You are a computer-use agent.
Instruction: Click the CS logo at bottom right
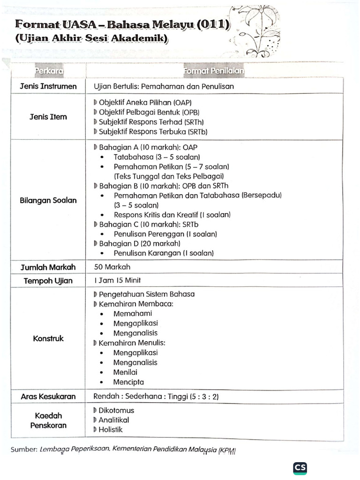pos(300,468)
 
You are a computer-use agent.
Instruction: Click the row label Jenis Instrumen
pos(48,86)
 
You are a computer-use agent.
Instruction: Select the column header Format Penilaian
pos(214,71)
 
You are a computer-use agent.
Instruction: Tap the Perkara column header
pos(49,71)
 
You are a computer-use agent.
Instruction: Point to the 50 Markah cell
pos(112,267)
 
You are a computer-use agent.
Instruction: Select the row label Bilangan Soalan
pos(48,200)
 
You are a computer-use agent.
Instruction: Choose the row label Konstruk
pos(48,338)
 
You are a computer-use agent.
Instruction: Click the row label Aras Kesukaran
pos(48,396)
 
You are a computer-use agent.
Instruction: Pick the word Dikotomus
pos(116,410)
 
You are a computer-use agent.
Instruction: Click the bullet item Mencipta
pos(128,382)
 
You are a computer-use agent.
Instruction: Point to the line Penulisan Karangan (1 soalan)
pos(163,253)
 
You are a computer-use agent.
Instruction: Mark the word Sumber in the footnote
pos(24,449)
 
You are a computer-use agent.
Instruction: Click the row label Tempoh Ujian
pos(48,280)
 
